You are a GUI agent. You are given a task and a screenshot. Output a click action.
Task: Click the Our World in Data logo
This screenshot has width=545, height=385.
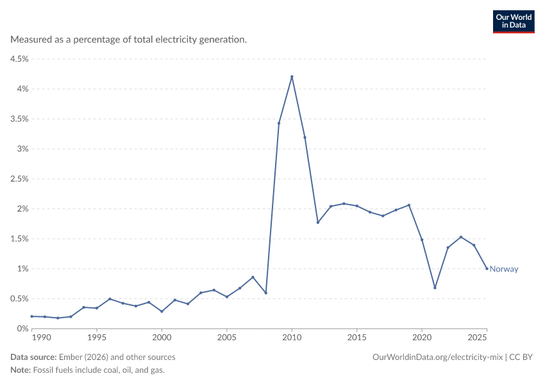click(514, 22)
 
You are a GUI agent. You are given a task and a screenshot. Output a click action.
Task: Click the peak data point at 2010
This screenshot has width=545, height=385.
click(292, 76)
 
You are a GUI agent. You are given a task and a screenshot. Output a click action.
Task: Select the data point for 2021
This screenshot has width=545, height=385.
click(435, 287)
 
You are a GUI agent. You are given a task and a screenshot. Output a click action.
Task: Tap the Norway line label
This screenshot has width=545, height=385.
click(503, 269)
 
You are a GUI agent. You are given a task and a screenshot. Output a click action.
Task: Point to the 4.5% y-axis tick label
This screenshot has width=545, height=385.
click(19, 59)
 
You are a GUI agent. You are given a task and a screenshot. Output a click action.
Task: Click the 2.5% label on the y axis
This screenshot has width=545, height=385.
click(19, 179)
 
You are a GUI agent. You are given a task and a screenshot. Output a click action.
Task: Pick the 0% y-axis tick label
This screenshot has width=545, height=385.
click(22, 329)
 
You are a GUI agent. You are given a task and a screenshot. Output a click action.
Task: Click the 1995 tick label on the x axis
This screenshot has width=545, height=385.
click(97, 338)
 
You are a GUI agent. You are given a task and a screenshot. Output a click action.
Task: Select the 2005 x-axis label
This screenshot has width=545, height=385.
click(226, 338)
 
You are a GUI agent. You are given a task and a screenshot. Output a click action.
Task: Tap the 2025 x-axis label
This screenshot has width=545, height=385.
click(477, 338)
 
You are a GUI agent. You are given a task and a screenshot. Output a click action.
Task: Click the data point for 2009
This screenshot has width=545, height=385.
click(279, 123)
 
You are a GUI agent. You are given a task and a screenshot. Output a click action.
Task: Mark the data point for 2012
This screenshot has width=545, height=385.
click(317, 222)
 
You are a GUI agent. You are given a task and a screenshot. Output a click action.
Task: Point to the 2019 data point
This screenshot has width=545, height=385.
click(409, 205)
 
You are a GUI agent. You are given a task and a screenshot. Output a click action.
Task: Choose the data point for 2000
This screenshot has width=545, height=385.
click(162, 311)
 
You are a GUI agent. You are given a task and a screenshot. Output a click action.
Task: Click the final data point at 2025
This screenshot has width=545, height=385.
click(487, 268)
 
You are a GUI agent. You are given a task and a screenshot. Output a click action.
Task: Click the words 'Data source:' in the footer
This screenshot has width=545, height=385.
click(33, 357)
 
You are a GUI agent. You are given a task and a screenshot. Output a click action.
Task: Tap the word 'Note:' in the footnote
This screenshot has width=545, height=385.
click(21, 370)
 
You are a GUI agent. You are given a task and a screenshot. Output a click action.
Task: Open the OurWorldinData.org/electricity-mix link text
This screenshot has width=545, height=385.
click(437, 357)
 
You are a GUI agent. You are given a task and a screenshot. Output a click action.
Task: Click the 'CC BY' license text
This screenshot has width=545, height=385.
click(521, 357)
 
